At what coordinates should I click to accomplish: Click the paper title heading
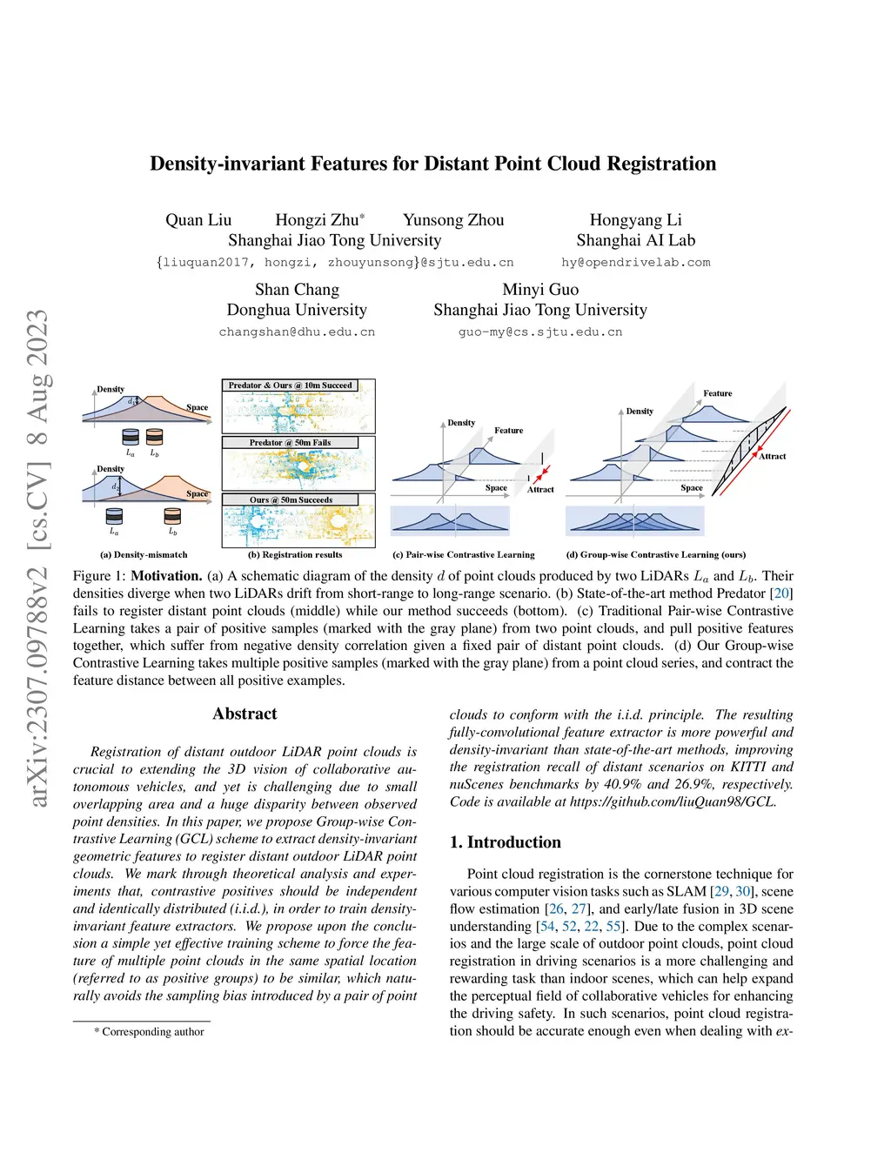(432, 164)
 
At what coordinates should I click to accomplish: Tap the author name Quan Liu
(198, 219)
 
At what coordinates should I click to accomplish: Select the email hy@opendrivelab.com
(635, 262)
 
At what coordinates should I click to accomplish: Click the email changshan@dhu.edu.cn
(297, 332)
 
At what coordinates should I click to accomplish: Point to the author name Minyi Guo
(539, 289)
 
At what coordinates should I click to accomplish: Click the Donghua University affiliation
(297, 309)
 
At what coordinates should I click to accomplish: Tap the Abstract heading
(245, 714)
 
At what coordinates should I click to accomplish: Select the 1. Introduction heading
(505, 842)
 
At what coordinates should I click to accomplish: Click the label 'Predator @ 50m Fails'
(290, 443)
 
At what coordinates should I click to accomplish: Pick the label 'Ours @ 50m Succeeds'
(291, 499)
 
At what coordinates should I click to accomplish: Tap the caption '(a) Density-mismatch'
(144, 554)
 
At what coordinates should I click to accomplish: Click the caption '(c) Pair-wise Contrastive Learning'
(464, 554)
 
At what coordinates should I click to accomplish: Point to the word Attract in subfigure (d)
(772, 456)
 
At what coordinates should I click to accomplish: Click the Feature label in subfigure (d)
(718, 393)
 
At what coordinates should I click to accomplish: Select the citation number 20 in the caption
(781, 593)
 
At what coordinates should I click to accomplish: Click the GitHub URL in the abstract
(673, 801)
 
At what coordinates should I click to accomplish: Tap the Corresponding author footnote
(149, 1031)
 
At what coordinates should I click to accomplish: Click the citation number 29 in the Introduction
(721, 891)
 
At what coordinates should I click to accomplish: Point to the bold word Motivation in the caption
(166, 576)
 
